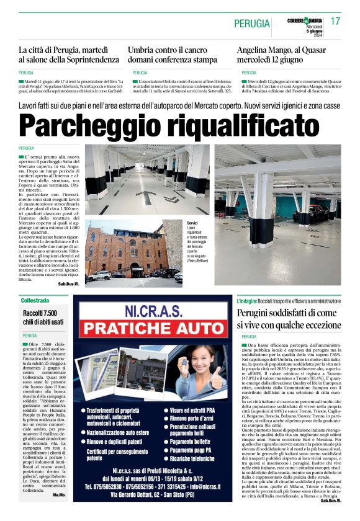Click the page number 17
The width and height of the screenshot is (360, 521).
tap(335, 21)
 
